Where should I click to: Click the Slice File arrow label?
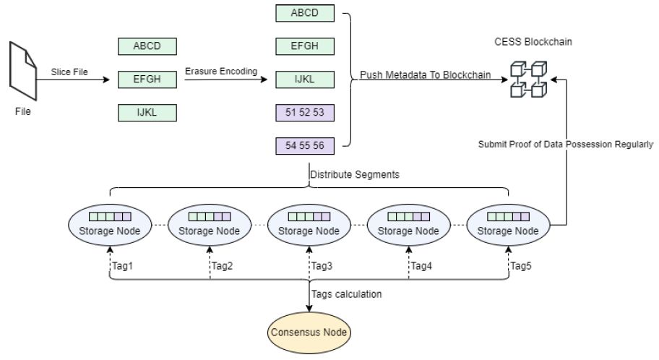(70, 72)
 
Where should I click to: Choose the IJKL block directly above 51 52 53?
(306, 79)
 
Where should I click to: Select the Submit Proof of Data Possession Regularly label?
(566, 144)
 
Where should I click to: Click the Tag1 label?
(122, 265)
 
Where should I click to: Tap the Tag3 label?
(322, 265)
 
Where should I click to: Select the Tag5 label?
(522, 265)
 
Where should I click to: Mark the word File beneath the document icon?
(24, 112)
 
